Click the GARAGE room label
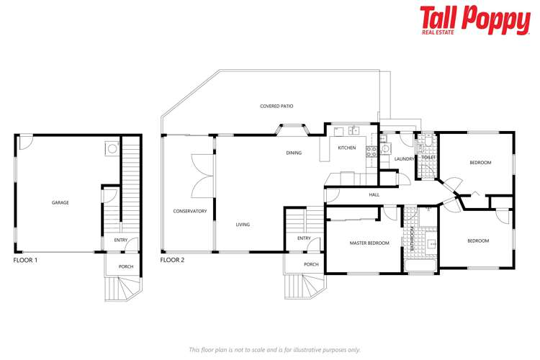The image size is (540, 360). (x=60, y=203)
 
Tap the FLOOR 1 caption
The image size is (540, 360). (x=26, y=260)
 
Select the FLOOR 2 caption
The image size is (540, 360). (x=173, y=260)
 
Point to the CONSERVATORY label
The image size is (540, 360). (x=190, y=211)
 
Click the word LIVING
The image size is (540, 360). (x=243, y=225)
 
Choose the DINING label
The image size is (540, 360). (x=294, y=153)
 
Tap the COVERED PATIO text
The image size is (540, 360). (x=276, y=106)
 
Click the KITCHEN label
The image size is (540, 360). (x=347, y=148)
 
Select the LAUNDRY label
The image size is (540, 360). (x=404, y=159)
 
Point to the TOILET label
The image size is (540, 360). (x=428, y=157)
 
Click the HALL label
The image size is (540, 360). (x=374, y=194)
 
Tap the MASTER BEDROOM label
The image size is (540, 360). (x=369, y=243)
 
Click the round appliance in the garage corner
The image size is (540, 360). (x=111, y=148)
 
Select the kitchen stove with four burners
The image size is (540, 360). (x=372, y=152)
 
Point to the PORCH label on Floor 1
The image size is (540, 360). (x=126, y=266)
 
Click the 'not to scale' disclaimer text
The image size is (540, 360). (x=274, y=349)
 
